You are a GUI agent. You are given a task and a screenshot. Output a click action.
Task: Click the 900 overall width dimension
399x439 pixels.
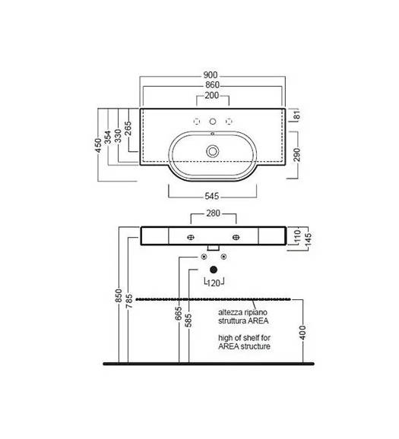pos(211,75)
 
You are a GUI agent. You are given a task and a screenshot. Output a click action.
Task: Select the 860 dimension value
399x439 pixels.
pos(212,85)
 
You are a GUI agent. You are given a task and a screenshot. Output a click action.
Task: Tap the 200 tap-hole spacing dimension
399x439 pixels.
pos(212,96)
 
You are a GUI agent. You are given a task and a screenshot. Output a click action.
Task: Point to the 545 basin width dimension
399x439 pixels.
pos(212,196)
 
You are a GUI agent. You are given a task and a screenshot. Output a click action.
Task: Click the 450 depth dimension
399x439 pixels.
pos(98,145)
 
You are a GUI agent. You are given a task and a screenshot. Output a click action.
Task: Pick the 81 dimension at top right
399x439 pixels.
pos(296,115)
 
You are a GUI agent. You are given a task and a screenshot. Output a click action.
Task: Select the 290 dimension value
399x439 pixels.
pos(296,155)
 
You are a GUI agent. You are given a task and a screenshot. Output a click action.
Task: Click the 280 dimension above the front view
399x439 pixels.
pos(213,213)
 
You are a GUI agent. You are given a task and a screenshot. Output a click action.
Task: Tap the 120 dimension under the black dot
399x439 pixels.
pos(214,283)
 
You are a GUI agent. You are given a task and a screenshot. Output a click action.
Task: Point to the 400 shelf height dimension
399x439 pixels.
pos(302,333)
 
